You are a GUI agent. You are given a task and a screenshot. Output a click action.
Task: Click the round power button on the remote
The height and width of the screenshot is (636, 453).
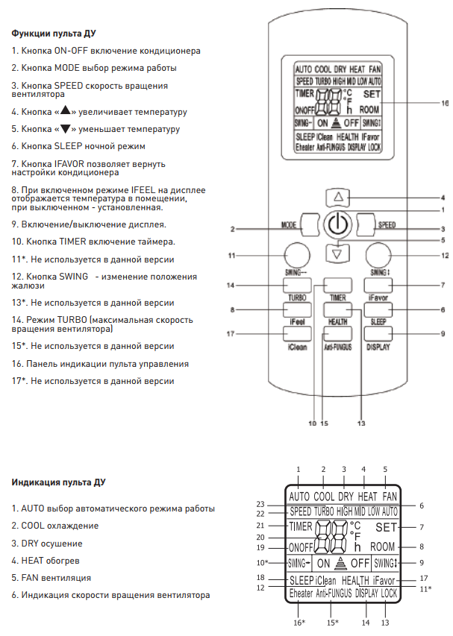click(338, 224)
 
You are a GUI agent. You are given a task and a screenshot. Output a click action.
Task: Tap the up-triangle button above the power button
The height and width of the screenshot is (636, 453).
click(338, 198)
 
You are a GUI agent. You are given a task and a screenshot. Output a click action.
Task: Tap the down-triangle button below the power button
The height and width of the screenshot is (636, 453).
click(338, 253)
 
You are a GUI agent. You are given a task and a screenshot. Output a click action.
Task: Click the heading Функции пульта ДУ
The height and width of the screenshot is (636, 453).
click(53, 34)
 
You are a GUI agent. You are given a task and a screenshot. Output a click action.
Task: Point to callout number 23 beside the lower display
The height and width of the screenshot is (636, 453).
click(260, 503)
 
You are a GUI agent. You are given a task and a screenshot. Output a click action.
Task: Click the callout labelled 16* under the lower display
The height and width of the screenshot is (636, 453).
click(299, 621)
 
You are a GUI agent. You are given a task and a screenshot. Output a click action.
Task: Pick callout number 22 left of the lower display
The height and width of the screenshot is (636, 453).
click(260, 514)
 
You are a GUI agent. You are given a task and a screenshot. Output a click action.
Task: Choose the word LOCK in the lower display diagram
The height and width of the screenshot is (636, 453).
click(389, 594)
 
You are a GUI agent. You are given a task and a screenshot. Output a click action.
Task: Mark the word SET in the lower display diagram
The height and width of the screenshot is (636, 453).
click(386, 527)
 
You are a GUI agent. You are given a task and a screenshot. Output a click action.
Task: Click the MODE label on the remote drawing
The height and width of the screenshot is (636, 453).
click(290, 224)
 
